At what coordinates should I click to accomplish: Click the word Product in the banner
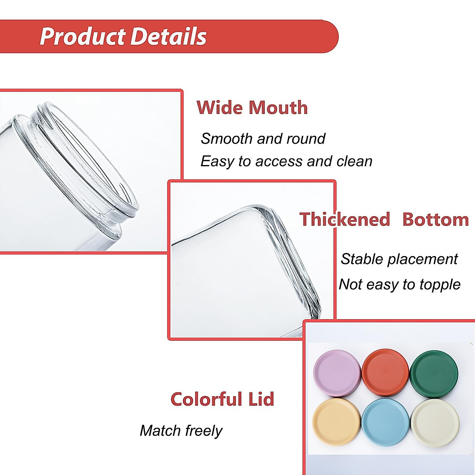point(83,36)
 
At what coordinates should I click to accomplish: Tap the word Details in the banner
point(169,36)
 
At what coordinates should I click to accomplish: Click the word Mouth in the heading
point(278,108)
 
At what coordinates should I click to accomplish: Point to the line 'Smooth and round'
point(263,139)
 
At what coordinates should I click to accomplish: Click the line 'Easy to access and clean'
point(286,161)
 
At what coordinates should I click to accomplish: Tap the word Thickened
point(345,219)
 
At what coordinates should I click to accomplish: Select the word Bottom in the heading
point(435,219)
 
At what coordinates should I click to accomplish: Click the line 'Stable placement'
point(399,259)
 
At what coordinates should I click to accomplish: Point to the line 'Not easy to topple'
point(399,285)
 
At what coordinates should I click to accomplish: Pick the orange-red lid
point(385,373)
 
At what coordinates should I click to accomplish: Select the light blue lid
point(386,422)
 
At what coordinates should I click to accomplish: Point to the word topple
point(440,285)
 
